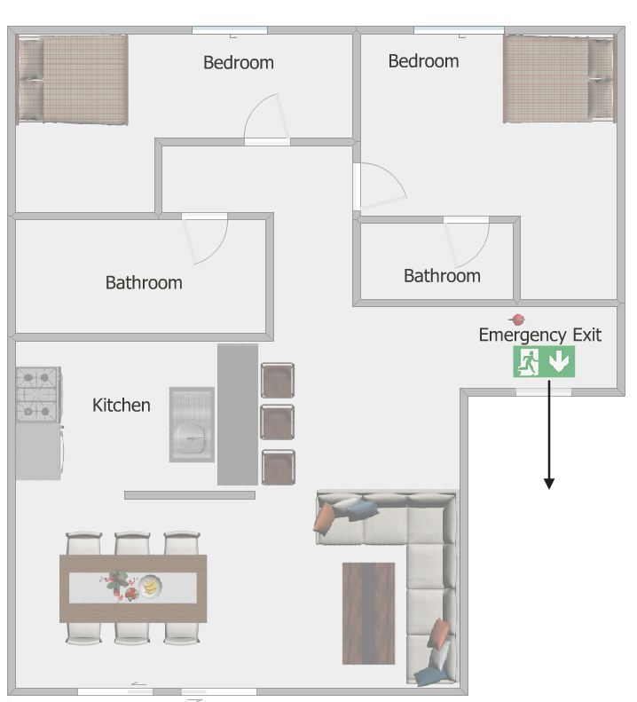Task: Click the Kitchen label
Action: click(121, 406)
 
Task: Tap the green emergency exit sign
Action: click(544, 361)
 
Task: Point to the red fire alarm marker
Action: click(517, 319)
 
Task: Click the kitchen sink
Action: click(192, 424)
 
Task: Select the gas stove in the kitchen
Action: click(38, 394)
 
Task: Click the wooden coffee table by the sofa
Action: click(368, 613)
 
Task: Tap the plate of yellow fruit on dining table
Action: click(150, 586)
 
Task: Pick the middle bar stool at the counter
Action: click(278, 422)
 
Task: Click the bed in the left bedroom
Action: click(72, 79)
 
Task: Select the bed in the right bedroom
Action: click(560, 79)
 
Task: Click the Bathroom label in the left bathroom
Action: click(144, 283)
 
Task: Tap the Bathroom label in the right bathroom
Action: click(443, 276)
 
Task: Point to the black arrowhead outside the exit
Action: click(549, 484)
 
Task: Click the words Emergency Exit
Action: click(540, 335)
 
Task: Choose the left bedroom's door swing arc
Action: click(257, 106)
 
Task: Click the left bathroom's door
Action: click(188, 241)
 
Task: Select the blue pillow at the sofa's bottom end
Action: click(430, 676)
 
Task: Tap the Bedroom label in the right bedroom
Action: click(423, 61)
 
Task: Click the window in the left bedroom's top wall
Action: click(230, 30)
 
